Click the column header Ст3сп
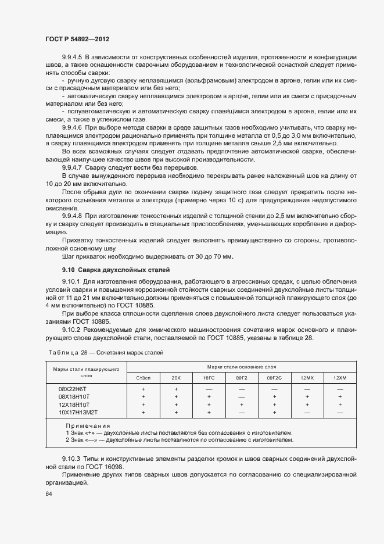[143, 378]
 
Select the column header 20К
[176, 378]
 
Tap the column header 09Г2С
[274, 378]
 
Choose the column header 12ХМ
[340, 378]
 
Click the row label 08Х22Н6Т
[74, 388]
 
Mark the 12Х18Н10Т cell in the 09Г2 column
[241, 404]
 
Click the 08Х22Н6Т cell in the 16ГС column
[209, 388]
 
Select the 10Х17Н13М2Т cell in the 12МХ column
[307, 412]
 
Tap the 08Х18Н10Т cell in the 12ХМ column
[340, 396]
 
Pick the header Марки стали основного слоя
[241, 367]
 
